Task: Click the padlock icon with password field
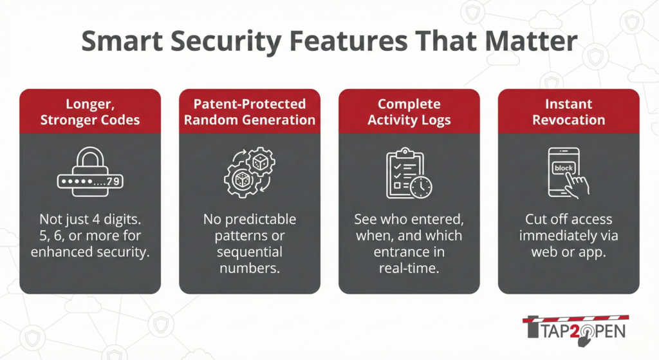point(90,171)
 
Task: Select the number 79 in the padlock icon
point(113,182)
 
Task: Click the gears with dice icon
point(250,172)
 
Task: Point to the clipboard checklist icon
point(409,173)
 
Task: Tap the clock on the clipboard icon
point(421,187)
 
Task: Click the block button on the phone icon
point(563,168)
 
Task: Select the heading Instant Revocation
point(569,112)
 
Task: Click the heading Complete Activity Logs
point(409,112)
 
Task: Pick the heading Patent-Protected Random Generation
point(250,112)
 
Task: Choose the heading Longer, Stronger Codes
point(90,112)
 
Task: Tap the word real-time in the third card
point(409,268)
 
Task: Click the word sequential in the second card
point(250,252)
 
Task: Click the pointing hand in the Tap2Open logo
point(585,337)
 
